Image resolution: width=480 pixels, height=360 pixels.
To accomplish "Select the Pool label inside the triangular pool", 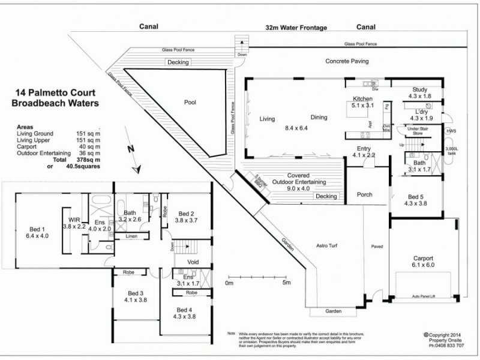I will tap(190, 103).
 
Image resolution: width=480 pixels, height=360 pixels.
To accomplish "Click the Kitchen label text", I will tap(363, 99).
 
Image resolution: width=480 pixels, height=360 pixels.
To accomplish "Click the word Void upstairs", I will tap(193, 262).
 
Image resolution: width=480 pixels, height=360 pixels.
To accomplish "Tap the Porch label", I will tap(364, 194).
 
